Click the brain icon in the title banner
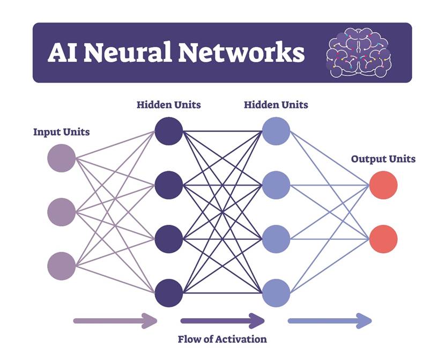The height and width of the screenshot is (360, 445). coord(359,53)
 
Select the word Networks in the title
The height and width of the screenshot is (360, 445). coord(241,53)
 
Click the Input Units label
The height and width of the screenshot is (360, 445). coord(61,132)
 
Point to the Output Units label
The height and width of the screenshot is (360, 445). coord(383,159)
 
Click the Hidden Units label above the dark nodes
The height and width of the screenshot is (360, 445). coord(168,105)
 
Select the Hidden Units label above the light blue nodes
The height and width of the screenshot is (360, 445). coord(276,105)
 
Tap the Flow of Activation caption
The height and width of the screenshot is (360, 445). coord(222,339)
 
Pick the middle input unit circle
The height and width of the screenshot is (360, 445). coord(62,212)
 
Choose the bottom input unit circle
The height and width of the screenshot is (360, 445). coord(62,266)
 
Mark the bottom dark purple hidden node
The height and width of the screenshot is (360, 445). coord(169,293)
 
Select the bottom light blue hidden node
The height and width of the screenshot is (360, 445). coord(276,293)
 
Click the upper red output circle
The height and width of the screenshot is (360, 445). coord(383,185)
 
